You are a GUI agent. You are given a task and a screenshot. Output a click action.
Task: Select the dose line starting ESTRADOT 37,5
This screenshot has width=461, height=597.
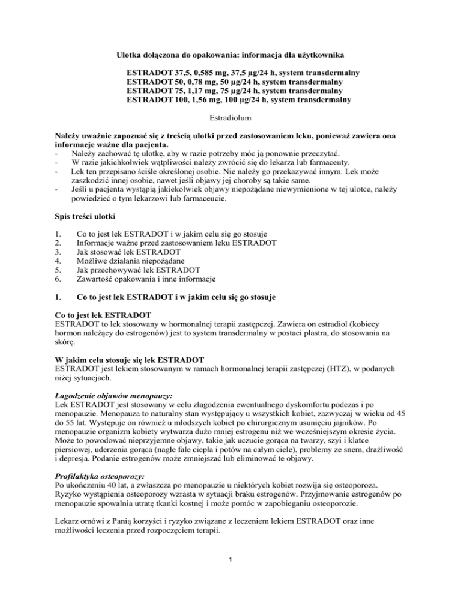click(244, 72)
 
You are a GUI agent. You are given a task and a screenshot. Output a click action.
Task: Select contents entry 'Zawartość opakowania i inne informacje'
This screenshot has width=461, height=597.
click(154, 279)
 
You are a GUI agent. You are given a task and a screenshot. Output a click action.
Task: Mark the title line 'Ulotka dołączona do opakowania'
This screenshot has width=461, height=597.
click(230, 55)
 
